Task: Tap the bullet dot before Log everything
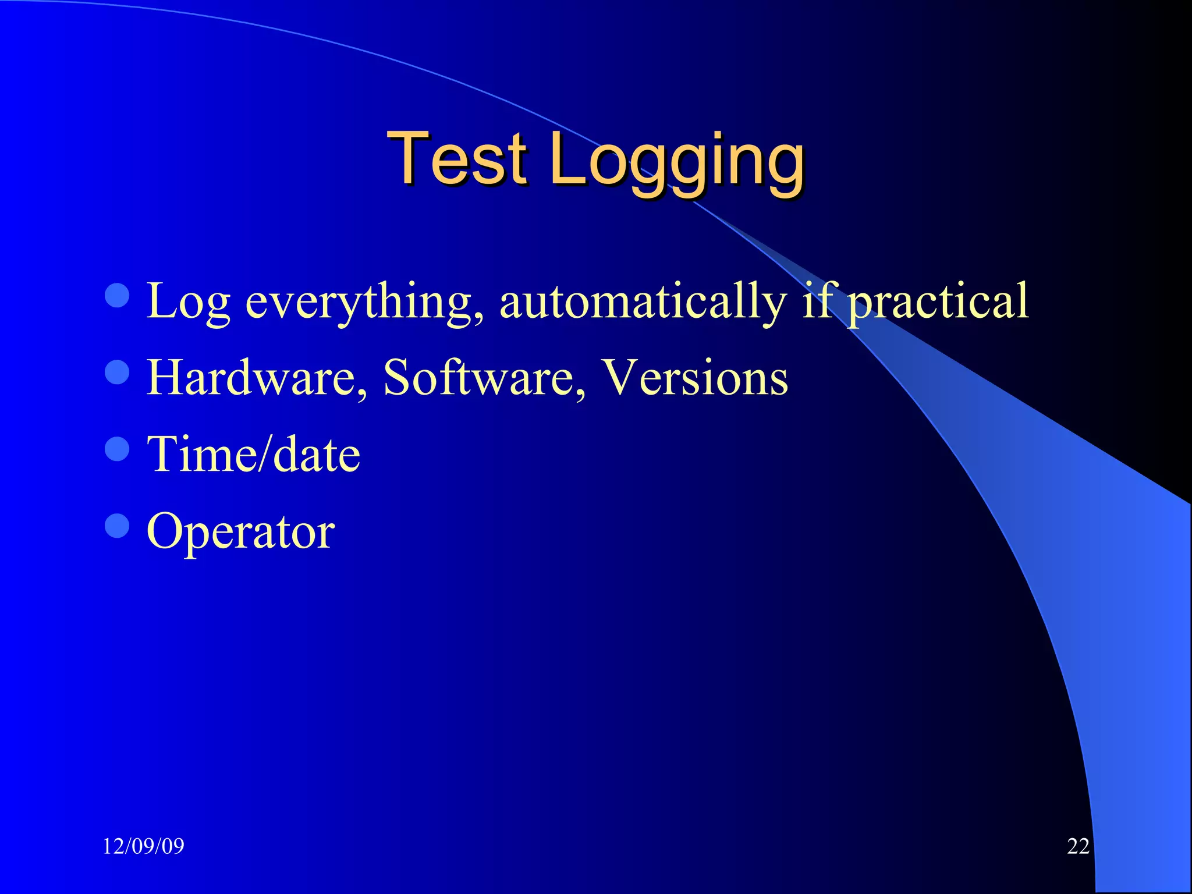(x=117, y=295)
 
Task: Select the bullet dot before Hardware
(x=117, y=372)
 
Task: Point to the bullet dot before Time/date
(x=117, y=449)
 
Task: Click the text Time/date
(x=254, y=454)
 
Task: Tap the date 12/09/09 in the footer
(x=143, y=846)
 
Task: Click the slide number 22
(x=1078, y=846)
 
